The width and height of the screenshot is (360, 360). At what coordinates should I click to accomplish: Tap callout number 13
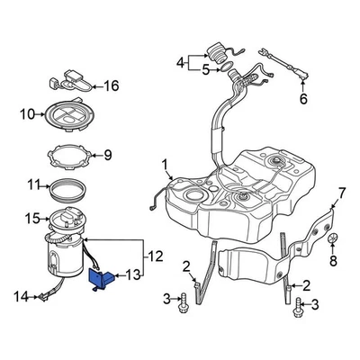tap(133, 275)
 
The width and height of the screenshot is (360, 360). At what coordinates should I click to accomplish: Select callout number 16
tap(111, 86)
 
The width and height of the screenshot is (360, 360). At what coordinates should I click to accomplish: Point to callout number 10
tap(25, 114)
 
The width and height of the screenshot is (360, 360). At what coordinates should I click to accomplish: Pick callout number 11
tap(33, 186)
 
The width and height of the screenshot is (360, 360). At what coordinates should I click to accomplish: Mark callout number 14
tap(21, 294)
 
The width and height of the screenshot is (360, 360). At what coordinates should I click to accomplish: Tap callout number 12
tap(155, 256)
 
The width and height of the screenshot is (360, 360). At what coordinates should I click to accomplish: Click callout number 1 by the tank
tap(166, 164)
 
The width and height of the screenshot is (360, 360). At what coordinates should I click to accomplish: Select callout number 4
tap(180, 62)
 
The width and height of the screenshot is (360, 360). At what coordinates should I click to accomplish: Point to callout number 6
tap(302, 98)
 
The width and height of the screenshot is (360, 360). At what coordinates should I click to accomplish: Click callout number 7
tap(340, 192)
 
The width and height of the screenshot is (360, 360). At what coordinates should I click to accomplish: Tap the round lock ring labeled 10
tap(68, 114)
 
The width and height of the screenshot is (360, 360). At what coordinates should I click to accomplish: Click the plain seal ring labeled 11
tap(67, 189)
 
